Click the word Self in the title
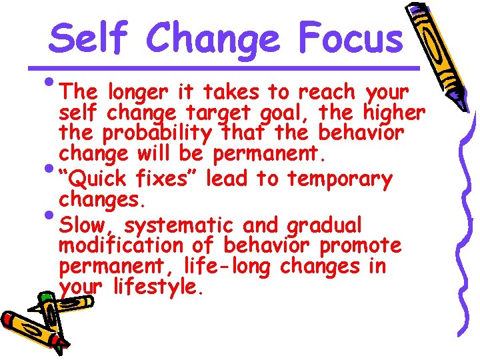[x=91, y=38]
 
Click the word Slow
[x=85, y=224]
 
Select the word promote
[x=361, y=246]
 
